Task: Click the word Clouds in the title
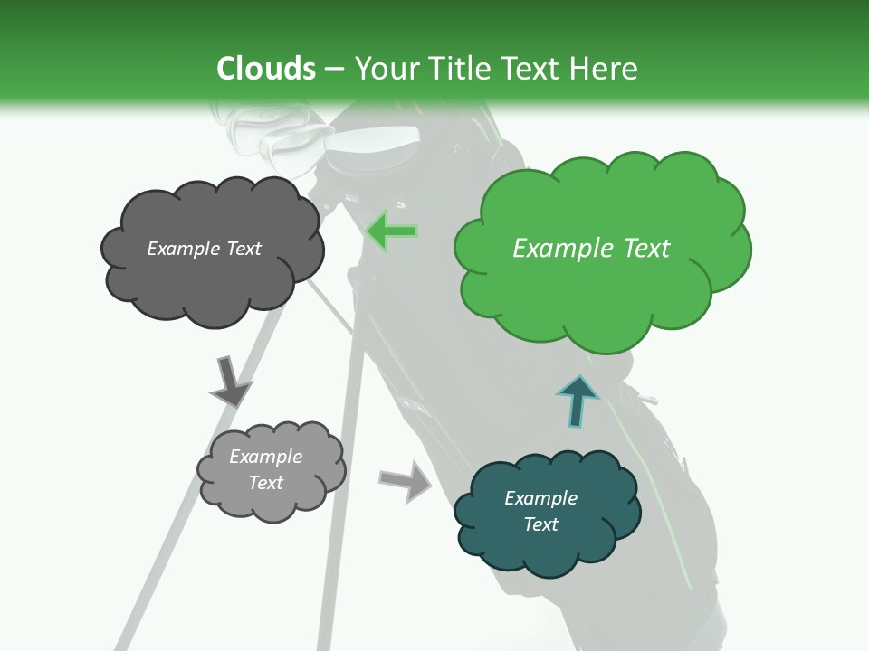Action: point(266,69)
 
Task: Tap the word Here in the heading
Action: point(606,69)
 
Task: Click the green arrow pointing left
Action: point(392,232)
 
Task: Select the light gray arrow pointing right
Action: point(406,480)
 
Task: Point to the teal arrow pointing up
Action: point(577,401)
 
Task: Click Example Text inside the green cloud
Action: point(591,249)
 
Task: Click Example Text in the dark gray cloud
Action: point(204,249)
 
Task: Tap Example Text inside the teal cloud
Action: point(540,511)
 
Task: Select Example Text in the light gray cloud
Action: point(265,469)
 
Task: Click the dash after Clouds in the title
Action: point(335,69)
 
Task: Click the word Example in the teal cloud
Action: point(540,498)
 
